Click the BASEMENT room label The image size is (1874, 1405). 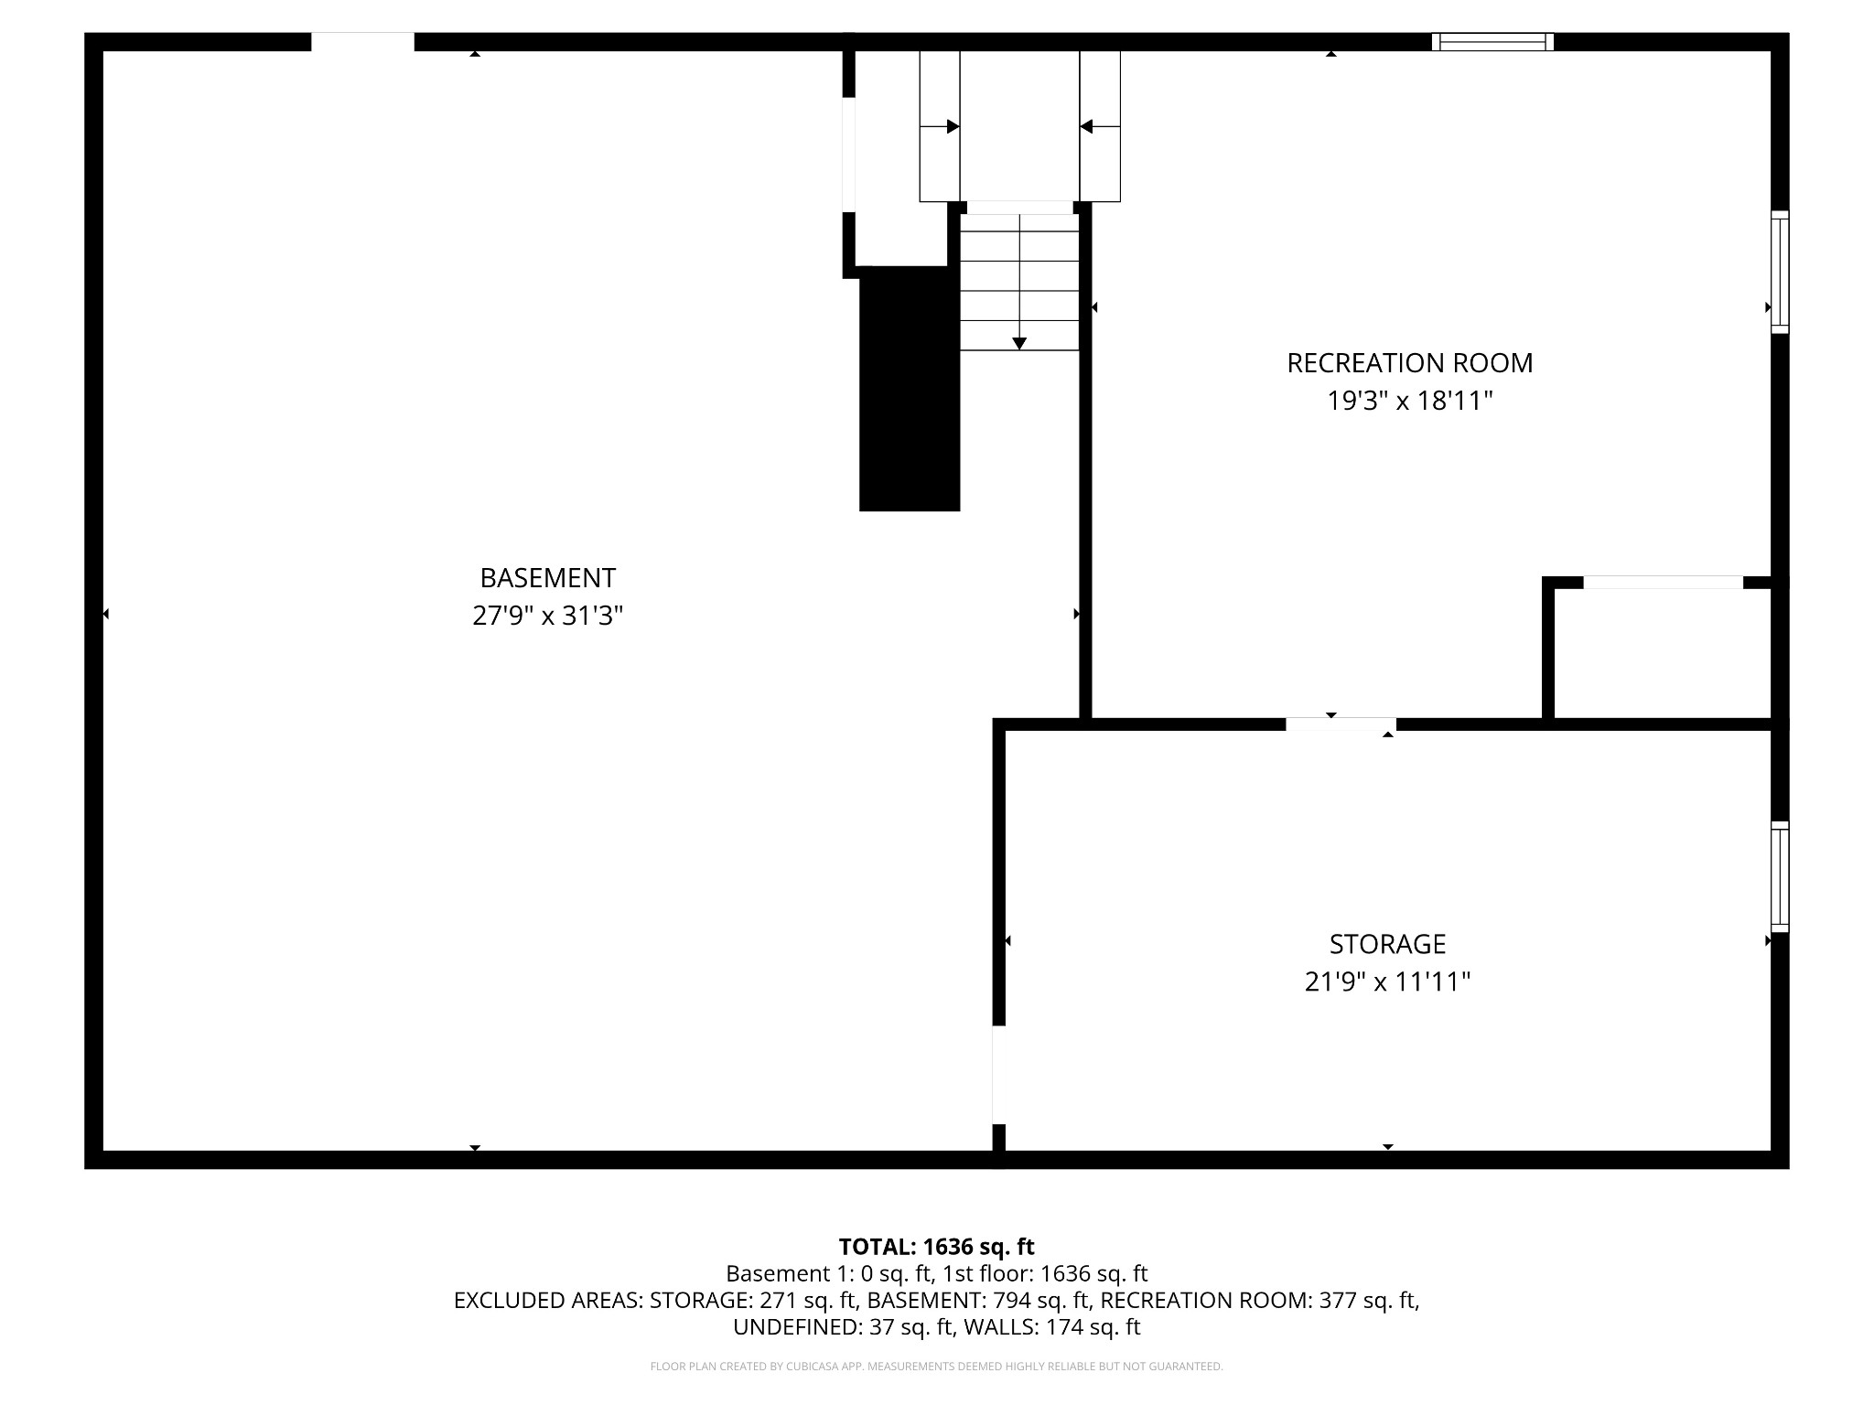pyautogui.click(x=547, y=578)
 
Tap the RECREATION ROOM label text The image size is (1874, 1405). pyautogui.click(x=1409, y=363)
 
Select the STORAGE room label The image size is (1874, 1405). pyautogui.click(x=1387, y=944)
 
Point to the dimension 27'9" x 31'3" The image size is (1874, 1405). pyautogui.click(x=547, y=616)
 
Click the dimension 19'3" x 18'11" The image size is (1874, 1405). pyautogui.click(x=1409, y=401)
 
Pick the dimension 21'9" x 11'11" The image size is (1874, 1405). pyautogui.click(x=1387, y=981)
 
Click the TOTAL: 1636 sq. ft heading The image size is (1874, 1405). pyautogui.click(x=936, y=1247)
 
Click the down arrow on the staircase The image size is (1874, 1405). pyautogui.click(x=1019, y=342)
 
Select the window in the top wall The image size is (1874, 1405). pyautogui.click(x=1492, y=42)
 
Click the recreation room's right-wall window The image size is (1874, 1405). pyautogui.click(x=1779, y=272)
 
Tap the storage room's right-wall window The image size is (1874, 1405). pyautogui.click(x=1779, y=876)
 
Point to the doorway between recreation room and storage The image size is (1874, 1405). pyautogui.click(x=1341, y=724)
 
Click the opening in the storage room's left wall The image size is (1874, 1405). pyautogui.click(x=998, y=1075)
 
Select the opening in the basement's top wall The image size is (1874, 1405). pyautogui.click(x=362, y=42)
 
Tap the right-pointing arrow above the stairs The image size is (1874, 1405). pyautogui.click(x=952, y=127)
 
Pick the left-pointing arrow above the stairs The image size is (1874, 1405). pyautogui.click(x=1087, y=127)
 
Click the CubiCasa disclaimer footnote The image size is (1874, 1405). pyautogui.click(x=936, y=1367)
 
